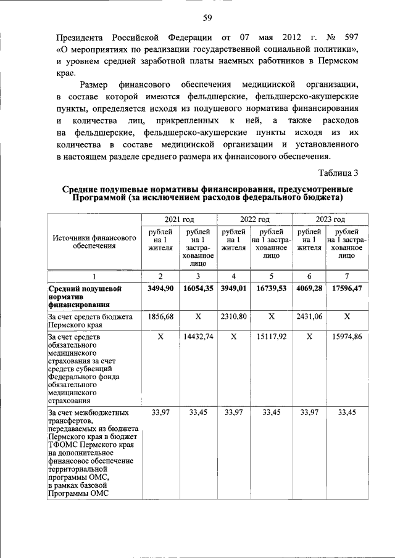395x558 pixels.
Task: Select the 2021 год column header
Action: pyautogui.click(x=179, y=220)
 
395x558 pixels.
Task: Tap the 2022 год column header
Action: pyautogui.click(x=254, y=220)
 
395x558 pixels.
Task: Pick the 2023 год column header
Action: pyautogui.click(x=330, y=220)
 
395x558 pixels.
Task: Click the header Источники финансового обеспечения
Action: pyautogui.click(x=94, y=241)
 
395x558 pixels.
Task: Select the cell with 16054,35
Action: pyautogui.click(x=197, y=289)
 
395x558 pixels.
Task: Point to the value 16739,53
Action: pyautogui.click(x=271, y=289)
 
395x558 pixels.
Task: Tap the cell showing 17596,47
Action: pyautogui.click(x=347, y=289)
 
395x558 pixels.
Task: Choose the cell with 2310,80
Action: pyautogui.click(x=233, y=316)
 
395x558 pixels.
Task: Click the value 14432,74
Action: pyautogui.click(x=197, y=337)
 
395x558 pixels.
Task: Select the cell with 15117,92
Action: pyautogui.click(x=271, y=337)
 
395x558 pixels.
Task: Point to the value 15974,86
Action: pyautogui.click(x=347, y=337)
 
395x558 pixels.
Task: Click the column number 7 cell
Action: pyautogui.click(x=347, y=276)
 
